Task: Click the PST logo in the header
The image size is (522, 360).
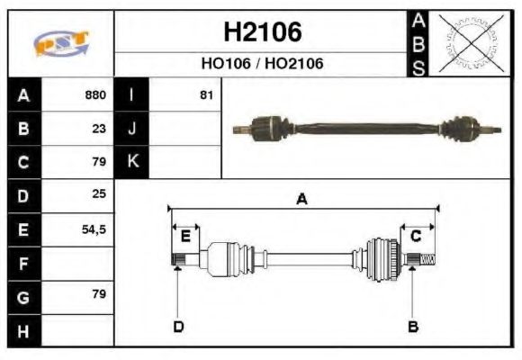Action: click(60, 44)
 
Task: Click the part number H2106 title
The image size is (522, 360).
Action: click(262, 33)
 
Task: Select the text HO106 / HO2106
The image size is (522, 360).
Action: click(262, 64)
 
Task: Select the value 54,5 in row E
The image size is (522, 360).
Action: click(94, 229)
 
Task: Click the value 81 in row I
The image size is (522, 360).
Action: click(206, 94)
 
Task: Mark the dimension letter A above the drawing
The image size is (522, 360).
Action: click(301, 200)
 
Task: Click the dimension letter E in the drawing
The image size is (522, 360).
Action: click(185, 237)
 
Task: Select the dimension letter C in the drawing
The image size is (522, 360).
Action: click(416, 237)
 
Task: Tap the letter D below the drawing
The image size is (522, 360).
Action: click(177, 326)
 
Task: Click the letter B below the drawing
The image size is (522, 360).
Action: click(412, 326)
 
